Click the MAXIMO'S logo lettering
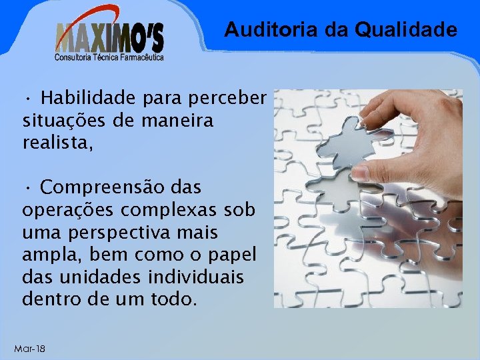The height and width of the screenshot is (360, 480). pyautogui.click(x=109, y=37)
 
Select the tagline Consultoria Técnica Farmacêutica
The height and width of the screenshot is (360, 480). pyautogui.click(x=109, y=57)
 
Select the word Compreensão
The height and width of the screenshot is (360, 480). pyautogui.click(x=99, y=187)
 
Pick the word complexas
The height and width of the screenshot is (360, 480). pyautogui.click(x=173, y=209)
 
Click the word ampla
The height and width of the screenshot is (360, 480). pyautogui.click(x=47, y=255)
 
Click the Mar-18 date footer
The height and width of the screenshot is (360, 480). pyautogui.click(x=30, y=349)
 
